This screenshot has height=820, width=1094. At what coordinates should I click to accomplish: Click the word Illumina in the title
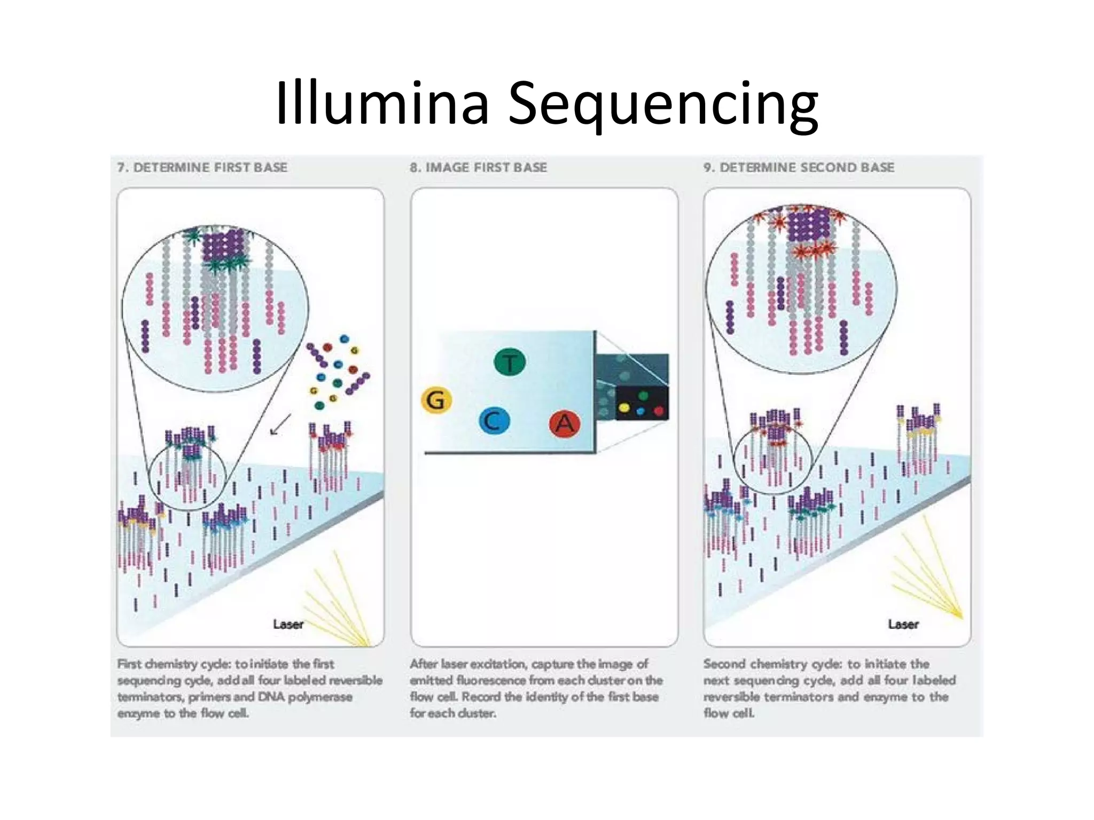tap(382, 102)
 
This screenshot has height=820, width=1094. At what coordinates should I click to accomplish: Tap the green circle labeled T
tap(510, 362)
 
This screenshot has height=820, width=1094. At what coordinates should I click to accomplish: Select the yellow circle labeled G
tap(436, 400)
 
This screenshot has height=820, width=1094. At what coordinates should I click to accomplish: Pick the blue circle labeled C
tap(494, 421)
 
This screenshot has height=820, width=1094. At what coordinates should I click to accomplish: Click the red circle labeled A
tap(565, 424)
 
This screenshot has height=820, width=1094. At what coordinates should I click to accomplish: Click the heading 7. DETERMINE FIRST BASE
tap(202, 168)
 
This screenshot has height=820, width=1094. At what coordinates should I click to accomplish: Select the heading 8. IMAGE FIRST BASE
tap(478, 168)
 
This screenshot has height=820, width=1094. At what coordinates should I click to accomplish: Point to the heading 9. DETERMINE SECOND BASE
tap(799, 168)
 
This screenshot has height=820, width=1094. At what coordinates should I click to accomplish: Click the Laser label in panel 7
tap(288, 624)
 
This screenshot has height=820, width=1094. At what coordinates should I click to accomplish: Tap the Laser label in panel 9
tap(903, 624)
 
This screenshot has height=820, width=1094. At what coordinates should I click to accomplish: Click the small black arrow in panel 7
tap(280, 424)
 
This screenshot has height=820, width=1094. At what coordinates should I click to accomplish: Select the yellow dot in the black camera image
tap(623, 409)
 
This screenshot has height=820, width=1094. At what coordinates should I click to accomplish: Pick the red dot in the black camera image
tap(659, 411)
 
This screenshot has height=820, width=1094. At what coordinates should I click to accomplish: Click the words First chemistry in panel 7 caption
tap(157, 664)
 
